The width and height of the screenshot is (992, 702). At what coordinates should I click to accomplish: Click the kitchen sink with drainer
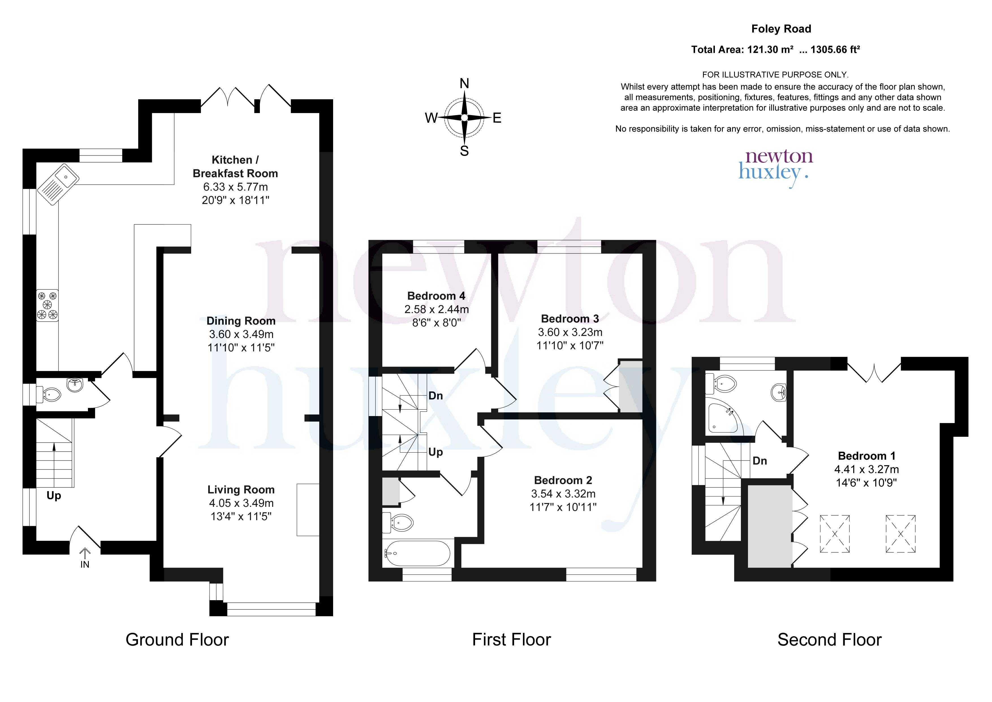click(x=57, y=184)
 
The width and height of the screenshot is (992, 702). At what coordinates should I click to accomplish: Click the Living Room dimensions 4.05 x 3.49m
click(x=241, y=503)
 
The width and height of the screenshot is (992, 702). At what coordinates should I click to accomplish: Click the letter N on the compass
click(x=464, y=83)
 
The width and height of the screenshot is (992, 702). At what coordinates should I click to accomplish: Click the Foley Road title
click(x=781, y=29)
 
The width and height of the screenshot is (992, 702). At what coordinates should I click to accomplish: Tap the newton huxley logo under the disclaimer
click(x=776, y=168)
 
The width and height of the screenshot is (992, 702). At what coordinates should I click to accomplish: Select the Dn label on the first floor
click(x=435, y=395)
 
